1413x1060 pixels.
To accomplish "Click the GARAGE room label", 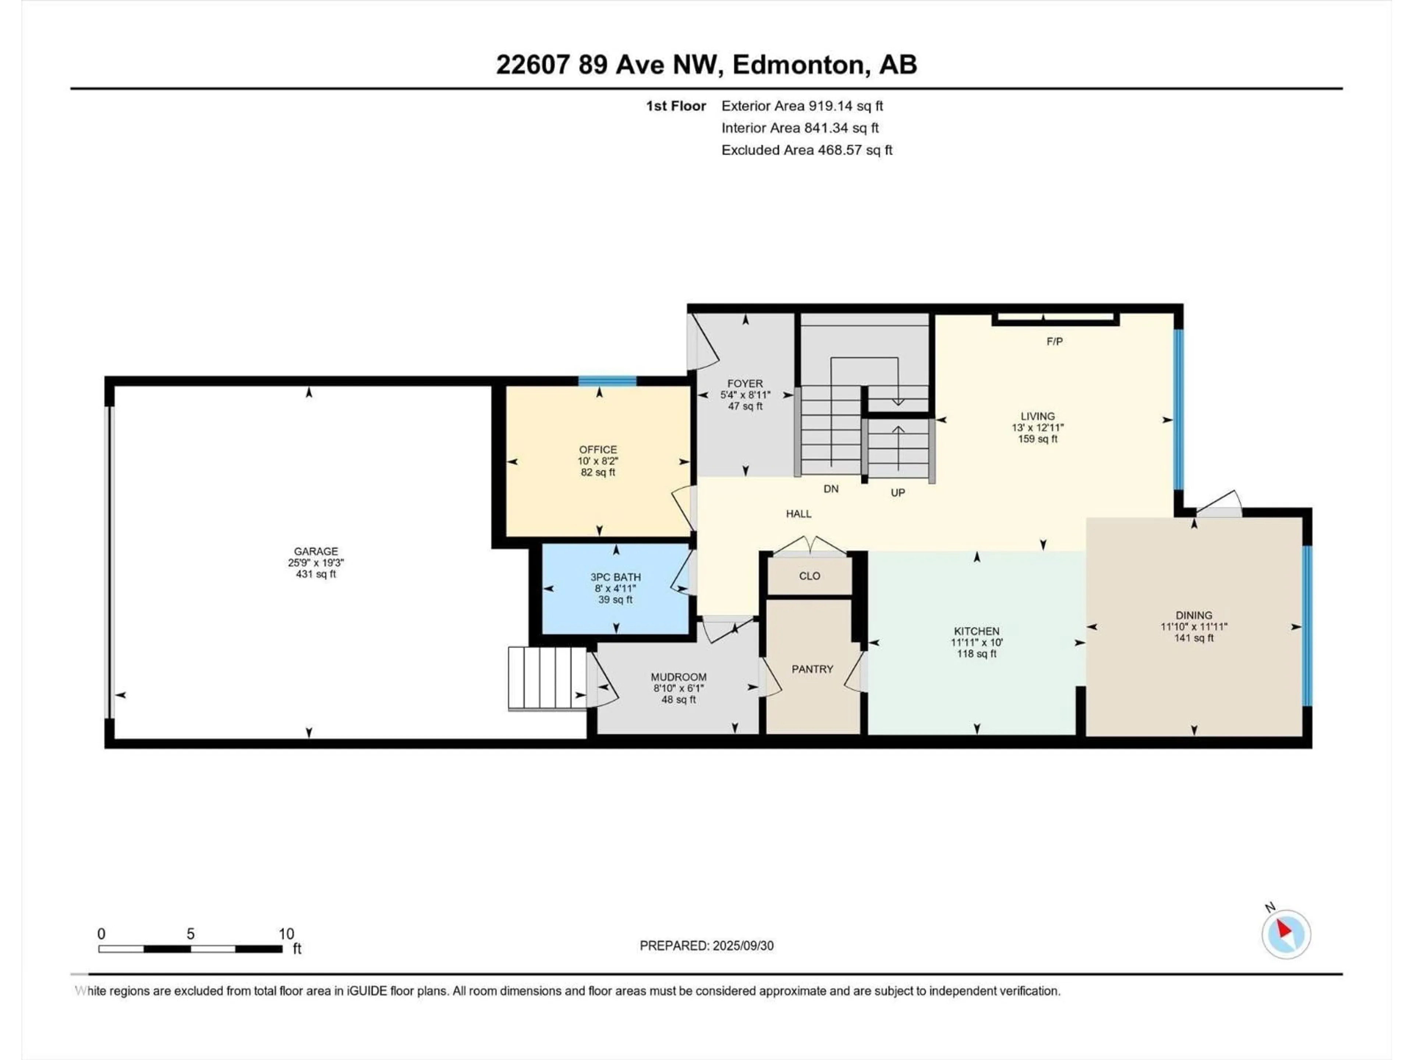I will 316,551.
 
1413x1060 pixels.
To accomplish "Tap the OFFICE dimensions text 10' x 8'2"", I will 598,461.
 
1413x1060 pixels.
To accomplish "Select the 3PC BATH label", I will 615,577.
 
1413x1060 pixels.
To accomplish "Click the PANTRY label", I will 812,669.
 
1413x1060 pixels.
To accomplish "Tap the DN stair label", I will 831,489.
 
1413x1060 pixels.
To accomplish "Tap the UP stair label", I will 897,492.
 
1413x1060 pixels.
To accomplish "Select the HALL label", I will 798,514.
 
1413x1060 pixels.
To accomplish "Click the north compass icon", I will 1286,933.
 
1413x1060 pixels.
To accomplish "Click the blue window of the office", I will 607,381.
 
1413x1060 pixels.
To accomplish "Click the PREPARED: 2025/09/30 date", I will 706,946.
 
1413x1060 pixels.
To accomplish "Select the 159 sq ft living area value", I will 1037,439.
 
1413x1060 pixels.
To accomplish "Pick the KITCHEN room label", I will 976,630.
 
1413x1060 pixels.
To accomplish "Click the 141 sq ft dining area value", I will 1193,638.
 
